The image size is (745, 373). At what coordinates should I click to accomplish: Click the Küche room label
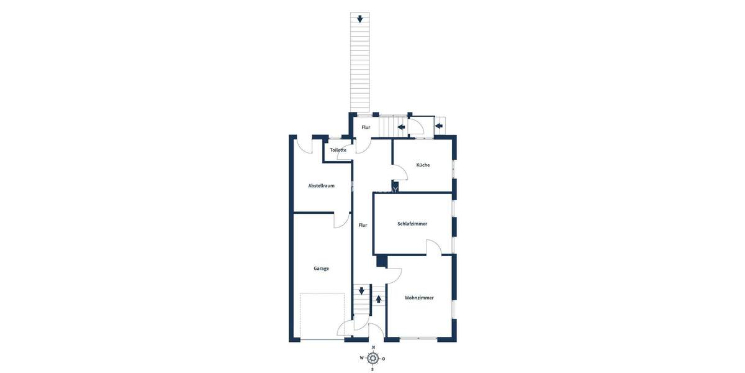pyautogui.click(x=423, y=165)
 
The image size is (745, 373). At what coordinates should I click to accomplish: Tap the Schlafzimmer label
pyautogui.click(x=412, y=224)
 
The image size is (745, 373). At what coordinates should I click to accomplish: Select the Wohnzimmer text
pyautogui.click(x=419, y=298)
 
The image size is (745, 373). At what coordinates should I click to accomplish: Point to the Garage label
pyautogui.click(x=321, y=269)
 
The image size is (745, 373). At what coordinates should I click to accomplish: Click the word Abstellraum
pyautogui.click(x=322, y=185)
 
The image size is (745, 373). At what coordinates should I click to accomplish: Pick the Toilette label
pyautogui.click(x=338, y=150)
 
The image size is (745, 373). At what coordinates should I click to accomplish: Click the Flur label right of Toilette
pyautogui.click(x=366, y=127)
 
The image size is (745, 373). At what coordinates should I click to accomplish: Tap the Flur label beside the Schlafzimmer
pyautogui.click(x=363, y=225)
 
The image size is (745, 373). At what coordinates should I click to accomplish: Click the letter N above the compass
pyautogui.click(x=372, y=348)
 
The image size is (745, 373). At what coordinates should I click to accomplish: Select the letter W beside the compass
pyautogui.click(x=361, y=358)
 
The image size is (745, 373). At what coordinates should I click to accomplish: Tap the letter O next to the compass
pyautogui.click(x=384, y=358)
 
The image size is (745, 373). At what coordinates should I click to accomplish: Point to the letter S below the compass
pyautogui.click(x=372, y=369)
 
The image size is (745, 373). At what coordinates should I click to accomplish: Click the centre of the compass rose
pyautogui.click(x=372, y=358)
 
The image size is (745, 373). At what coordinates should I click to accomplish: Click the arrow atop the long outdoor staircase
pyautogui.click(x=359, y=19)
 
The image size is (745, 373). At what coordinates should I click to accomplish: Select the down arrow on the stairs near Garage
pyautogui.click(x=361, y=291)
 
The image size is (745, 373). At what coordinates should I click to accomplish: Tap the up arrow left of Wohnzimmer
pyautogui.click(x=379, y=299)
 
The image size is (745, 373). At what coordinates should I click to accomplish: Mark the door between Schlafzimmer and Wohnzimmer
pyautogui.click(x=433, y=247)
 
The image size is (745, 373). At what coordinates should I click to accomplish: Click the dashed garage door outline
pyautogui.click(x=322, y=316)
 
